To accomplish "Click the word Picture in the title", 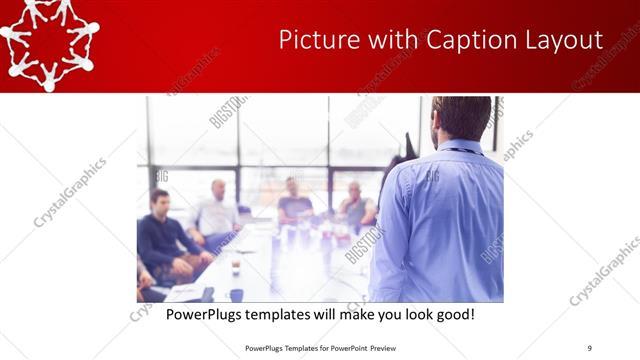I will [313, 40].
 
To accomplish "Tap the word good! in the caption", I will [452, 314].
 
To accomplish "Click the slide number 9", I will [589, 347].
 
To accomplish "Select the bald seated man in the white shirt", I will [217, 210].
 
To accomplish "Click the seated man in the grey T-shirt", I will [295, 201].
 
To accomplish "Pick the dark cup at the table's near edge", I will [236, 295].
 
